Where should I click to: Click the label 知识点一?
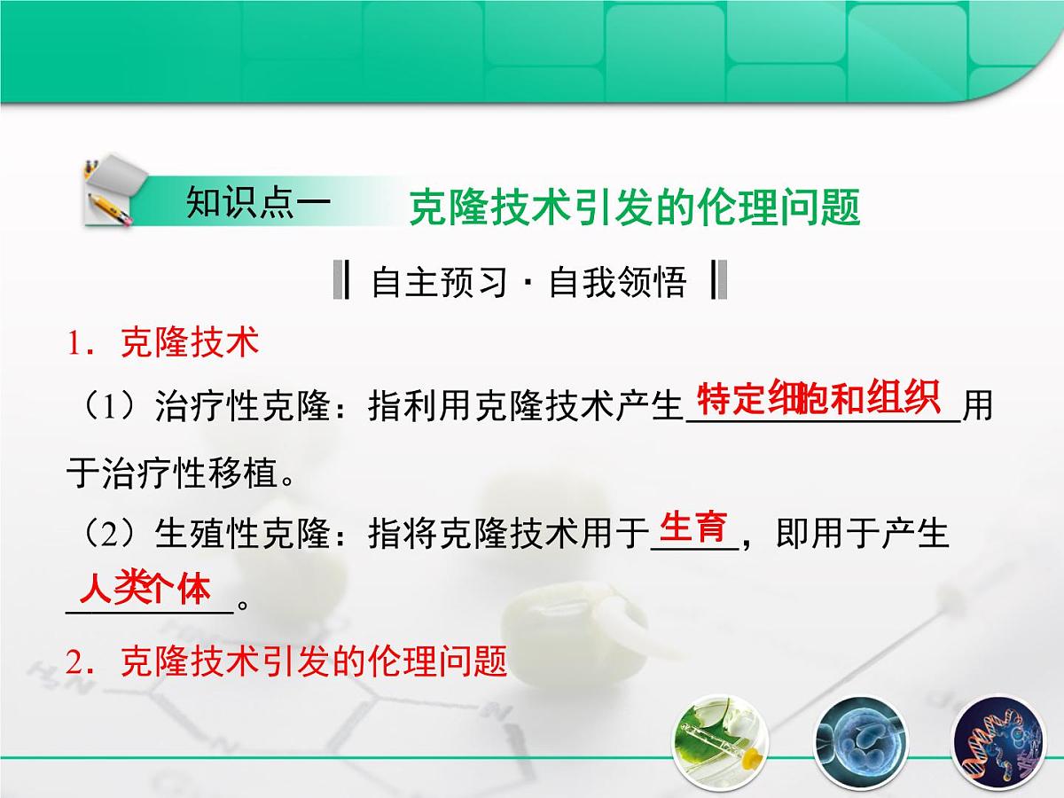258,202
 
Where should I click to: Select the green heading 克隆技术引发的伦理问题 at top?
634,209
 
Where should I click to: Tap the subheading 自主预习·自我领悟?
529,282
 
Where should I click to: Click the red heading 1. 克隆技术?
163,342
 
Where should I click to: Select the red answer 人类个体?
145,588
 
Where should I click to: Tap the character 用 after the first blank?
977,409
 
